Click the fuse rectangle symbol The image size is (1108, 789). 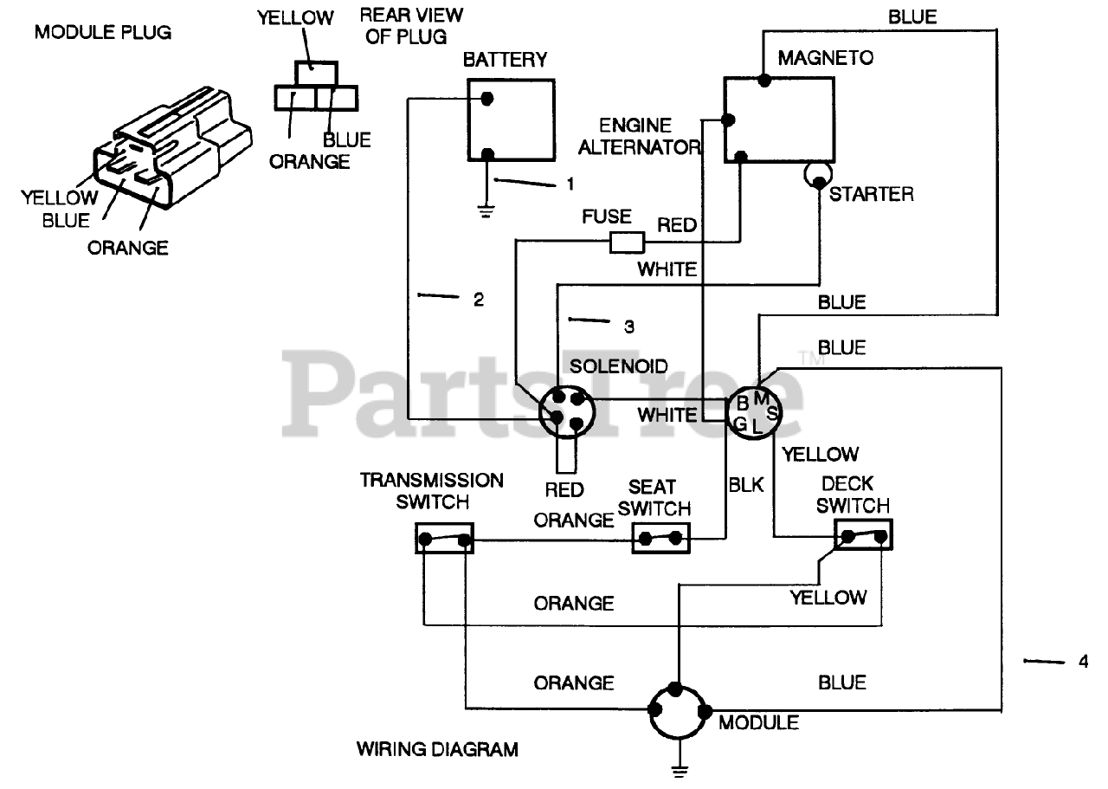tap(627, 243)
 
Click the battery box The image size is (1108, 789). tap(511, 120)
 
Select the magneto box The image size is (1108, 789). tap(779, 120)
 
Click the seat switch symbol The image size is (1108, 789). tap(660, 539)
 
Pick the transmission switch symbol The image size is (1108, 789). tap(444, 538)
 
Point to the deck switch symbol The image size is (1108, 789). tap(863, 534)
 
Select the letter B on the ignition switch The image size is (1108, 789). tap(743, 404)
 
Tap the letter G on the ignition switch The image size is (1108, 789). tap(740, 424)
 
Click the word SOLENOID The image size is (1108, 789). tap(618, 366)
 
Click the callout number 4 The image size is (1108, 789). tap(1083, 662)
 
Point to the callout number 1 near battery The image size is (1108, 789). tap(570, 184)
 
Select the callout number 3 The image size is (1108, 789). tap(628, 327)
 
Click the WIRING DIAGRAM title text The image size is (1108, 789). tap(437, 749)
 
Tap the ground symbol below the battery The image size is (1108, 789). tap(486, 212)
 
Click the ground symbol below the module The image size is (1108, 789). tap(680, 771)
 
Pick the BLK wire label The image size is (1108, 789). tap(746, 485)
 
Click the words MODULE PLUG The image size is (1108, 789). tap(103, 33)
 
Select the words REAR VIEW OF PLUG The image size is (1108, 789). tap(411, 26)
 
